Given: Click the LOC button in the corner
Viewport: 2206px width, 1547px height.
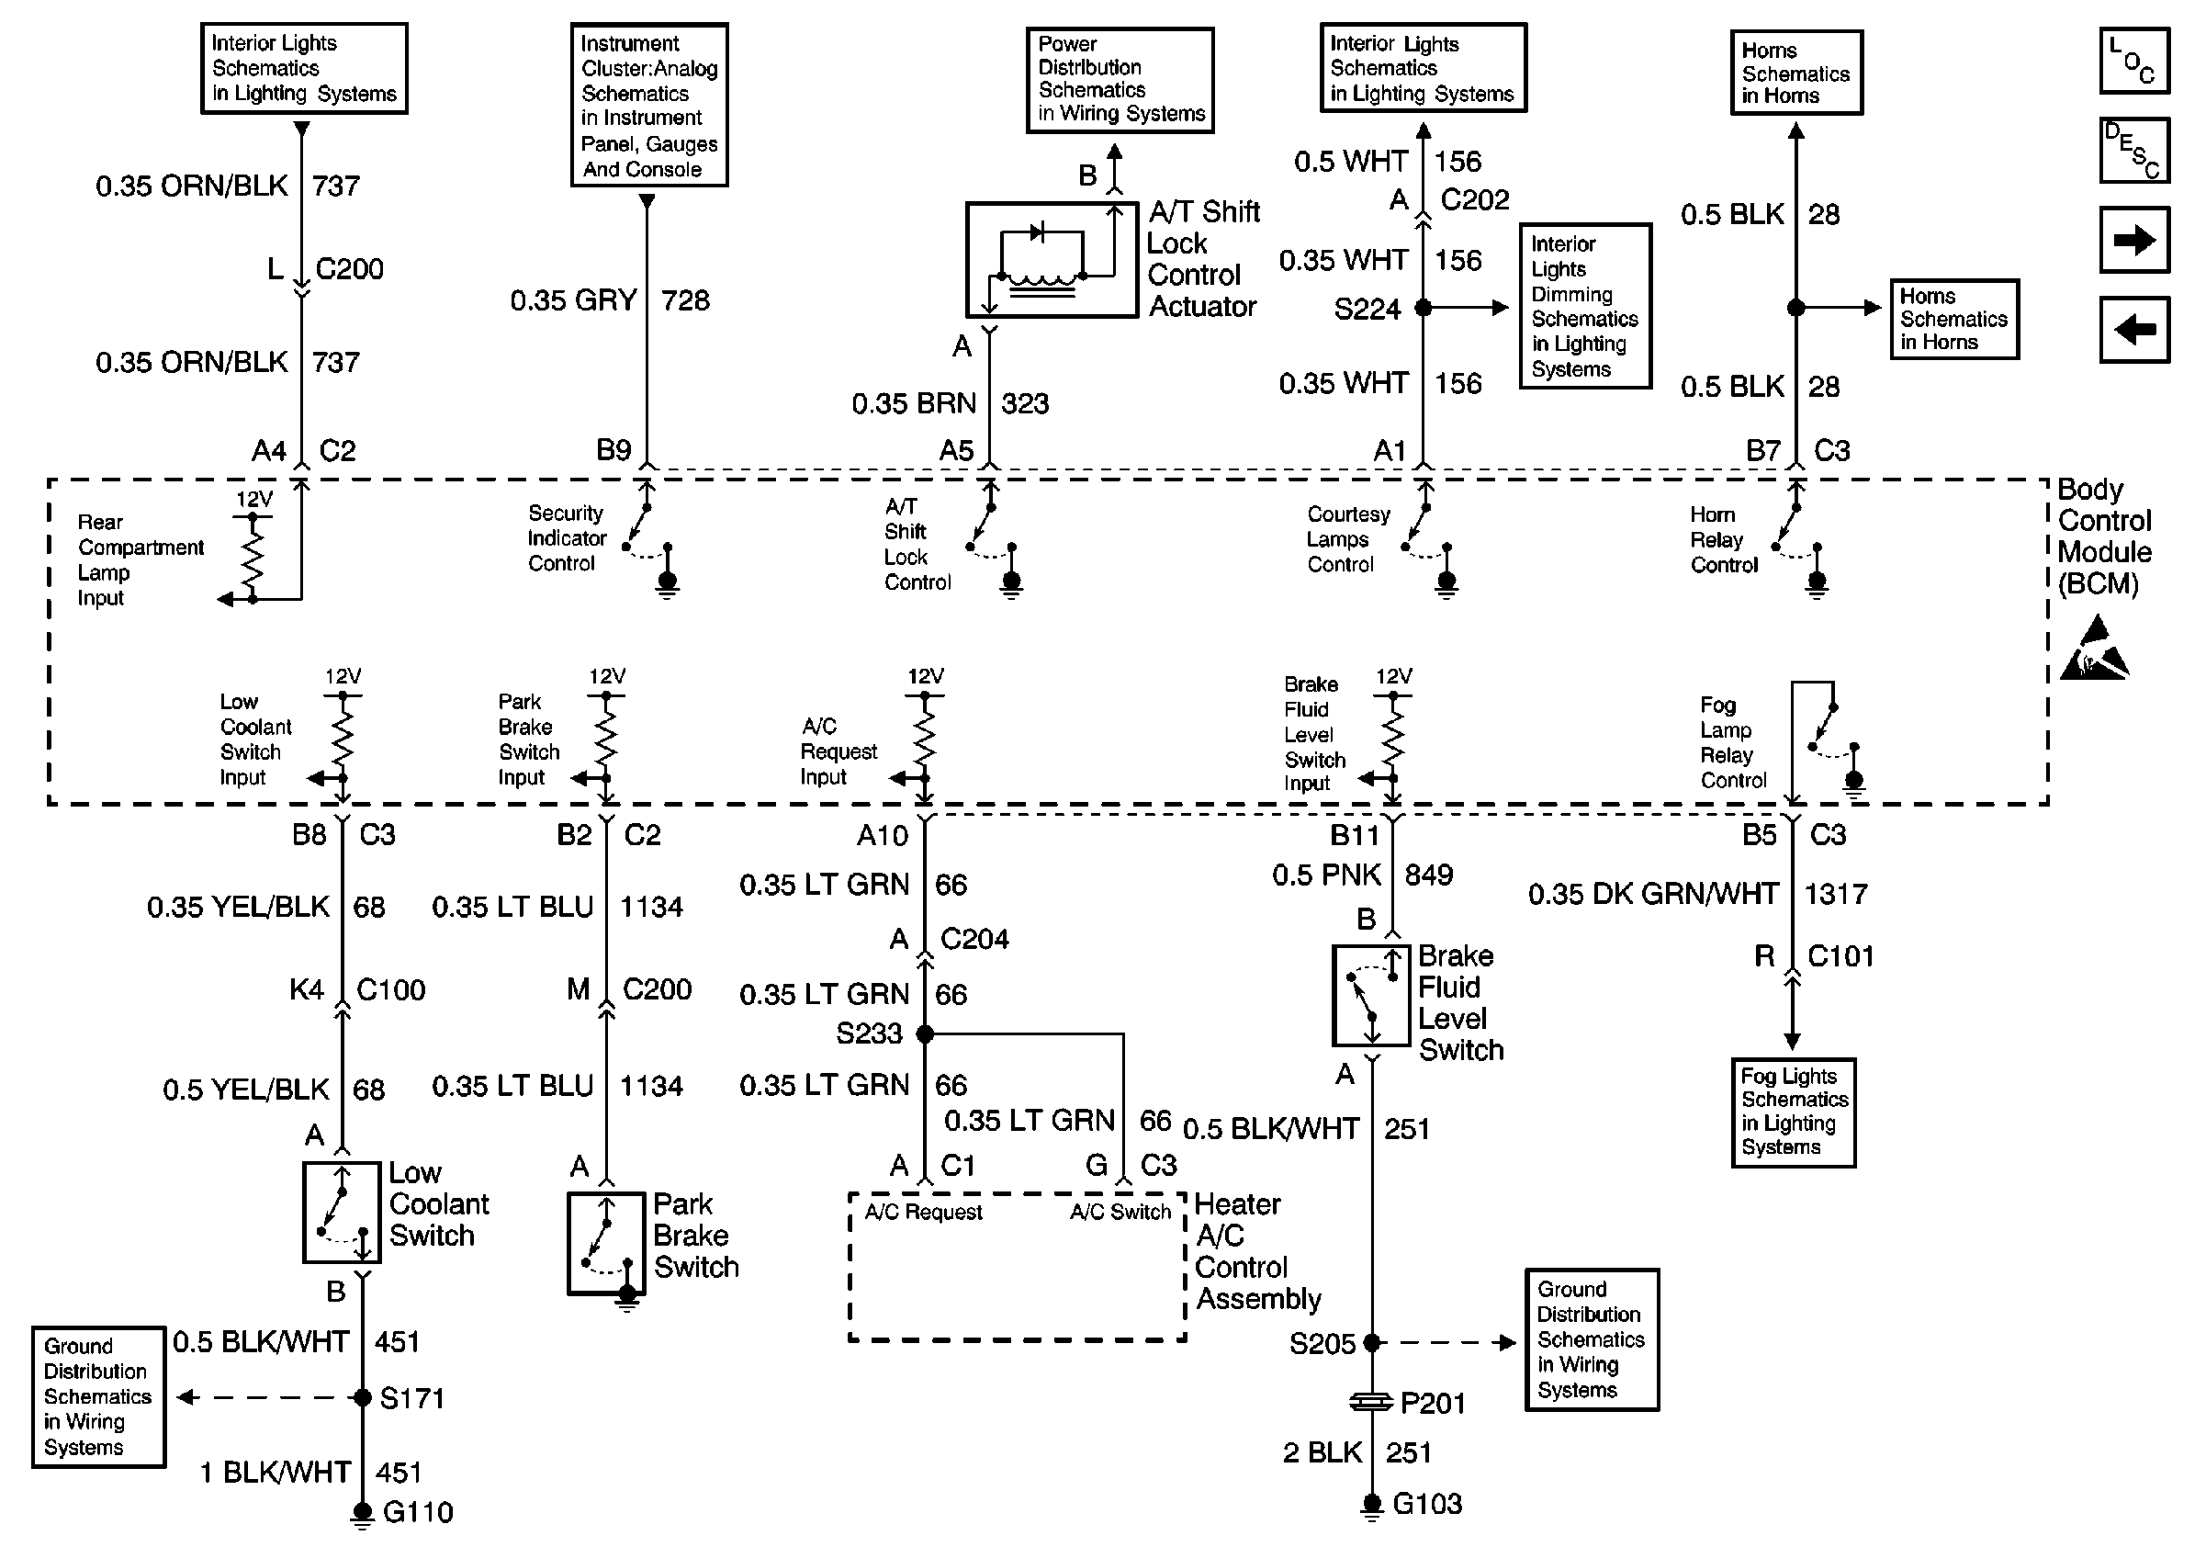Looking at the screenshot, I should (x=2134, y=62).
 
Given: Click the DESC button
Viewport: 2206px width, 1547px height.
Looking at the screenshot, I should (x=2134, y=151).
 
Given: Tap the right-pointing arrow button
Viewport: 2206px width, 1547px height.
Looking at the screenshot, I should (x=2134, y=240).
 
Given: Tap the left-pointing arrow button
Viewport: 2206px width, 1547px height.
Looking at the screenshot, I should (x=2134, y=330).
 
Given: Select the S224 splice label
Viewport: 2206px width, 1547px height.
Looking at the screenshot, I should (x=1367, y=310).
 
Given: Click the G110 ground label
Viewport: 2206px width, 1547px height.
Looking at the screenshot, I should (x=417, y=1512).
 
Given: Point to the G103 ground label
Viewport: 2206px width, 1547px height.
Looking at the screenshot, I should (x=1427, y=1504).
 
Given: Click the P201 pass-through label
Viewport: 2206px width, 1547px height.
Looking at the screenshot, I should (x=1433, y=1404).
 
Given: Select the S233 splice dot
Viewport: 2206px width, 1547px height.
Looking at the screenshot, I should (x=925, y=1033).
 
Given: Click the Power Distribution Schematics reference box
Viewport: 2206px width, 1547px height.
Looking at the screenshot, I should (x=1120, y=80).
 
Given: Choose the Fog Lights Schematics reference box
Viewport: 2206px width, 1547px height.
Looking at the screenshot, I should (x=1793, y=1112).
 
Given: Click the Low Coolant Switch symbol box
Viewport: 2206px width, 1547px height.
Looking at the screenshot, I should (x=342, y=1213).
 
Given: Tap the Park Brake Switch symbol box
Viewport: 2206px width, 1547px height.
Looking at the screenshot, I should (x=606, y=1243).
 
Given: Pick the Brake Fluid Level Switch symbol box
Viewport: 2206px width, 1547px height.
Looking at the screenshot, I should (x=1371, y=996).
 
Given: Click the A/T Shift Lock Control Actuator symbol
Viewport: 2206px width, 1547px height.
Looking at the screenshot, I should (x=1052, y=259).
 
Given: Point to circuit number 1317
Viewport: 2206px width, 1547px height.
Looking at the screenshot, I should (x=1835, y=895).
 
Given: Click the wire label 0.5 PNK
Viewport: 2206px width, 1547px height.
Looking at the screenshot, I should (x=1326, y=875).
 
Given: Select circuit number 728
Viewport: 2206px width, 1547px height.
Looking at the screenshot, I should (x=685, y=300).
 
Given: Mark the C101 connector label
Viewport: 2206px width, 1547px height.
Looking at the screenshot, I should (x=1840, y=956).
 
